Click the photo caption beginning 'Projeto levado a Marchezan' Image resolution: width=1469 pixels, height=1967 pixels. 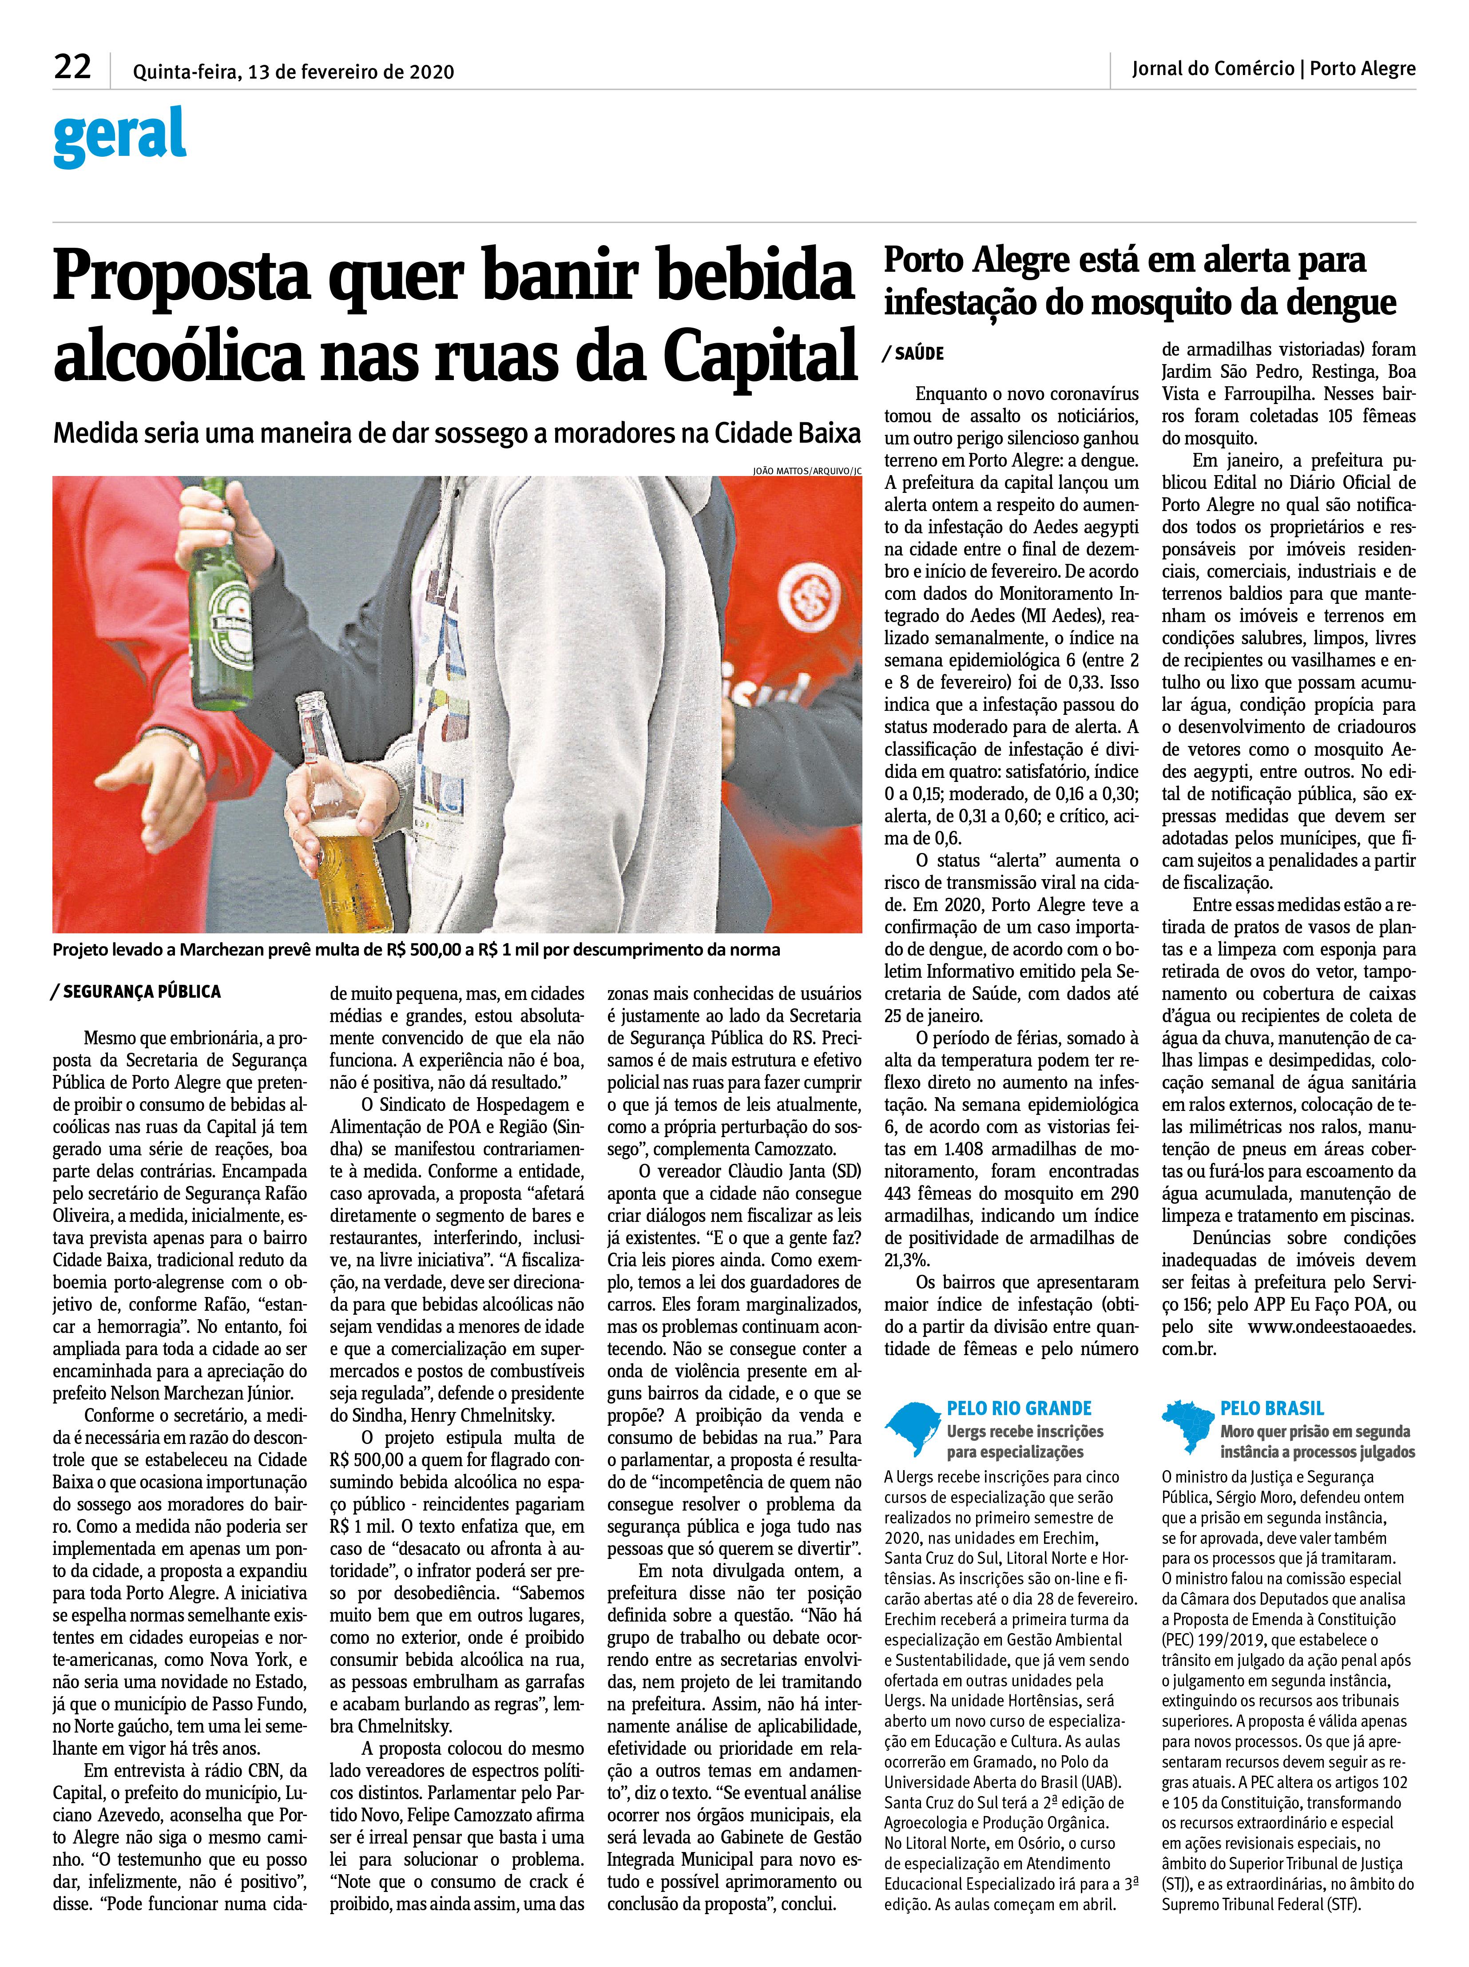(x=416, y=950)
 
